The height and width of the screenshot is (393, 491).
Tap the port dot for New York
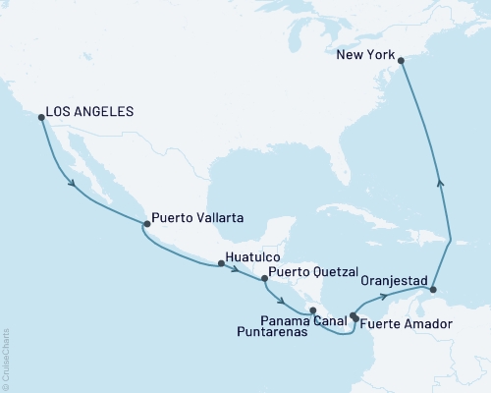point(401,60)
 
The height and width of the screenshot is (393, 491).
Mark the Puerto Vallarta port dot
point(146,224)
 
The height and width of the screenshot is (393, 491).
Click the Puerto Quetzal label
point(313,270)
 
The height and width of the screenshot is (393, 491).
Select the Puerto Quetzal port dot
point(263,279)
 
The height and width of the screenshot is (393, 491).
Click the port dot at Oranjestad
point(433,291)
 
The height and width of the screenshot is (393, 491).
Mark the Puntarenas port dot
point(313,311)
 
